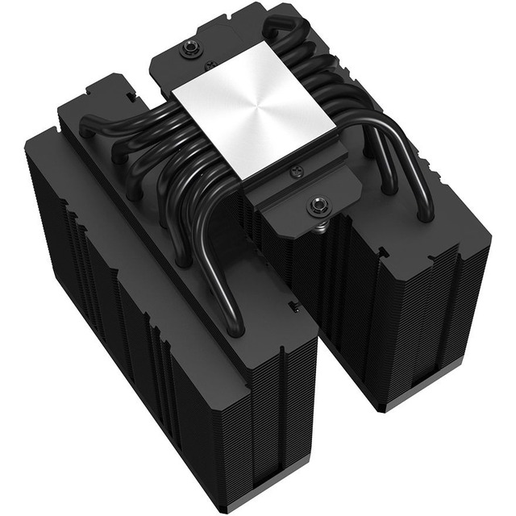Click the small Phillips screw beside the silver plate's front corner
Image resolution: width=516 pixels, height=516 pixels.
coord(296,170)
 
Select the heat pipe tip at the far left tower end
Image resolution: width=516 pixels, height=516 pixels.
coord(87,127)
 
